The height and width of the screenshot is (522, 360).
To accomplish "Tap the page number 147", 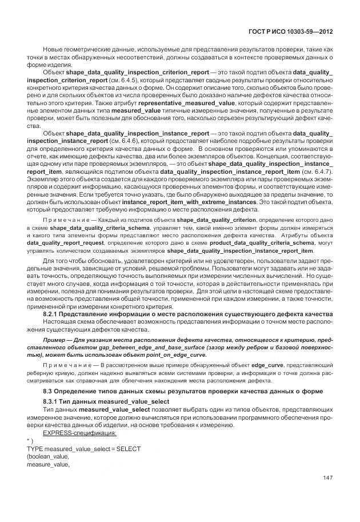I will (x=327, y=478).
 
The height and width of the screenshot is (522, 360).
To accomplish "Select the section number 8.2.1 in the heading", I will (x=53, y=314).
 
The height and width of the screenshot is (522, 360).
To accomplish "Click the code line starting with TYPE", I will (x=83, y=449).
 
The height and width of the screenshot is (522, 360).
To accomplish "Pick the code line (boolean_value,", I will (x=47, y=457).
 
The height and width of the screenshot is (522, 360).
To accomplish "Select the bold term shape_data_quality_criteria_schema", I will (x=94, y=227).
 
